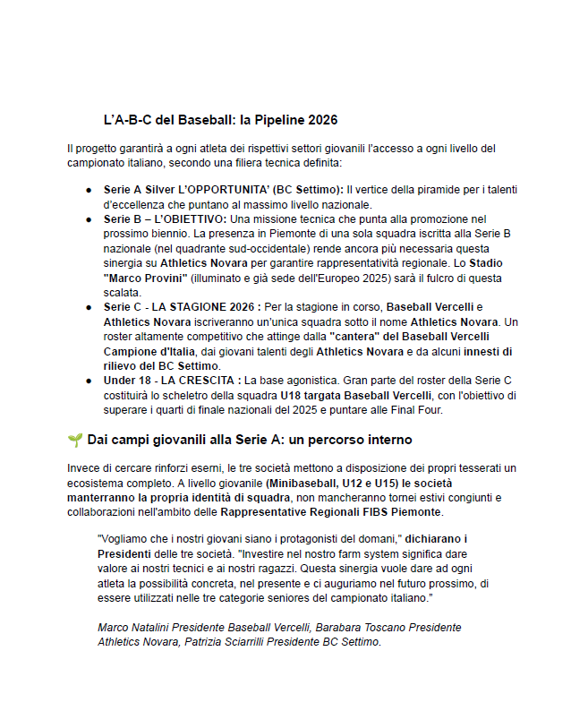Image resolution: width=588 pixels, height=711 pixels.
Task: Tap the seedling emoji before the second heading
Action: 74,440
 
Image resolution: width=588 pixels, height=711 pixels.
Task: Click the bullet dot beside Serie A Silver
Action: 89,191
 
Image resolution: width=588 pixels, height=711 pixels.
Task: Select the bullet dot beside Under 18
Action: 89,381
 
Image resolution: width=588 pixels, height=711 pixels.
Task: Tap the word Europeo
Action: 328,278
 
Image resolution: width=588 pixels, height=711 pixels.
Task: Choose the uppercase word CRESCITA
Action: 211,381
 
